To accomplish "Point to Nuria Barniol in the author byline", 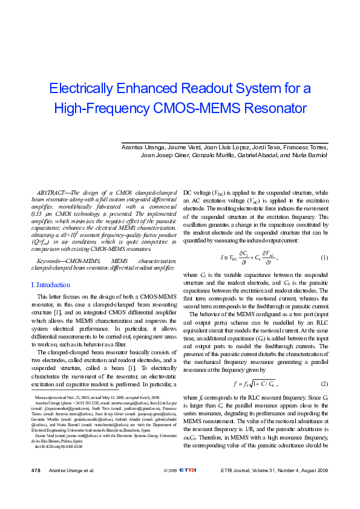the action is (310, 155).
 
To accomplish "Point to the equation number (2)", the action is (324, 383).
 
